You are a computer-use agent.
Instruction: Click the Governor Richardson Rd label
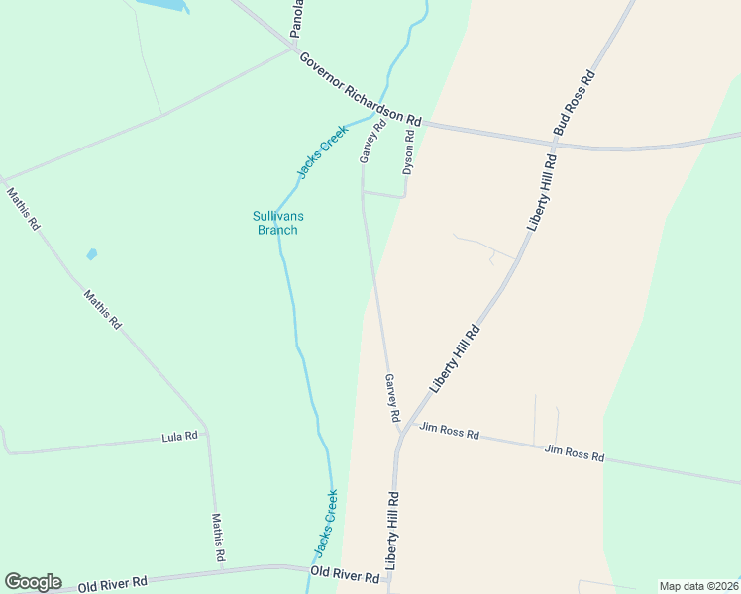[361, 89]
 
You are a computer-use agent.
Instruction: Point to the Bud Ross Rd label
[575, 103]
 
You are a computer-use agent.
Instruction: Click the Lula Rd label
[179, 436]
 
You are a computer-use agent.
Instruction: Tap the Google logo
[33, 582]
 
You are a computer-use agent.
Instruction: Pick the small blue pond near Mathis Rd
[92, 254]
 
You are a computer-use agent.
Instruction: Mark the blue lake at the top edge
[163, 5]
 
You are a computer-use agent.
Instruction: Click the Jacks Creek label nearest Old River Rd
[326, 522]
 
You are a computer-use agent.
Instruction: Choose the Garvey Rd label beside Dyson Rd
[373, 143]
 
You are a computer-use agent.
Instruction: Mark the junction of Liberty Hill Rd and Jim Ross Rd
[402, 432]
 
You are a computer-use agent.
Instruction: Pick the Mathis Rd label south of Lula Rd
[219, 538]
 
